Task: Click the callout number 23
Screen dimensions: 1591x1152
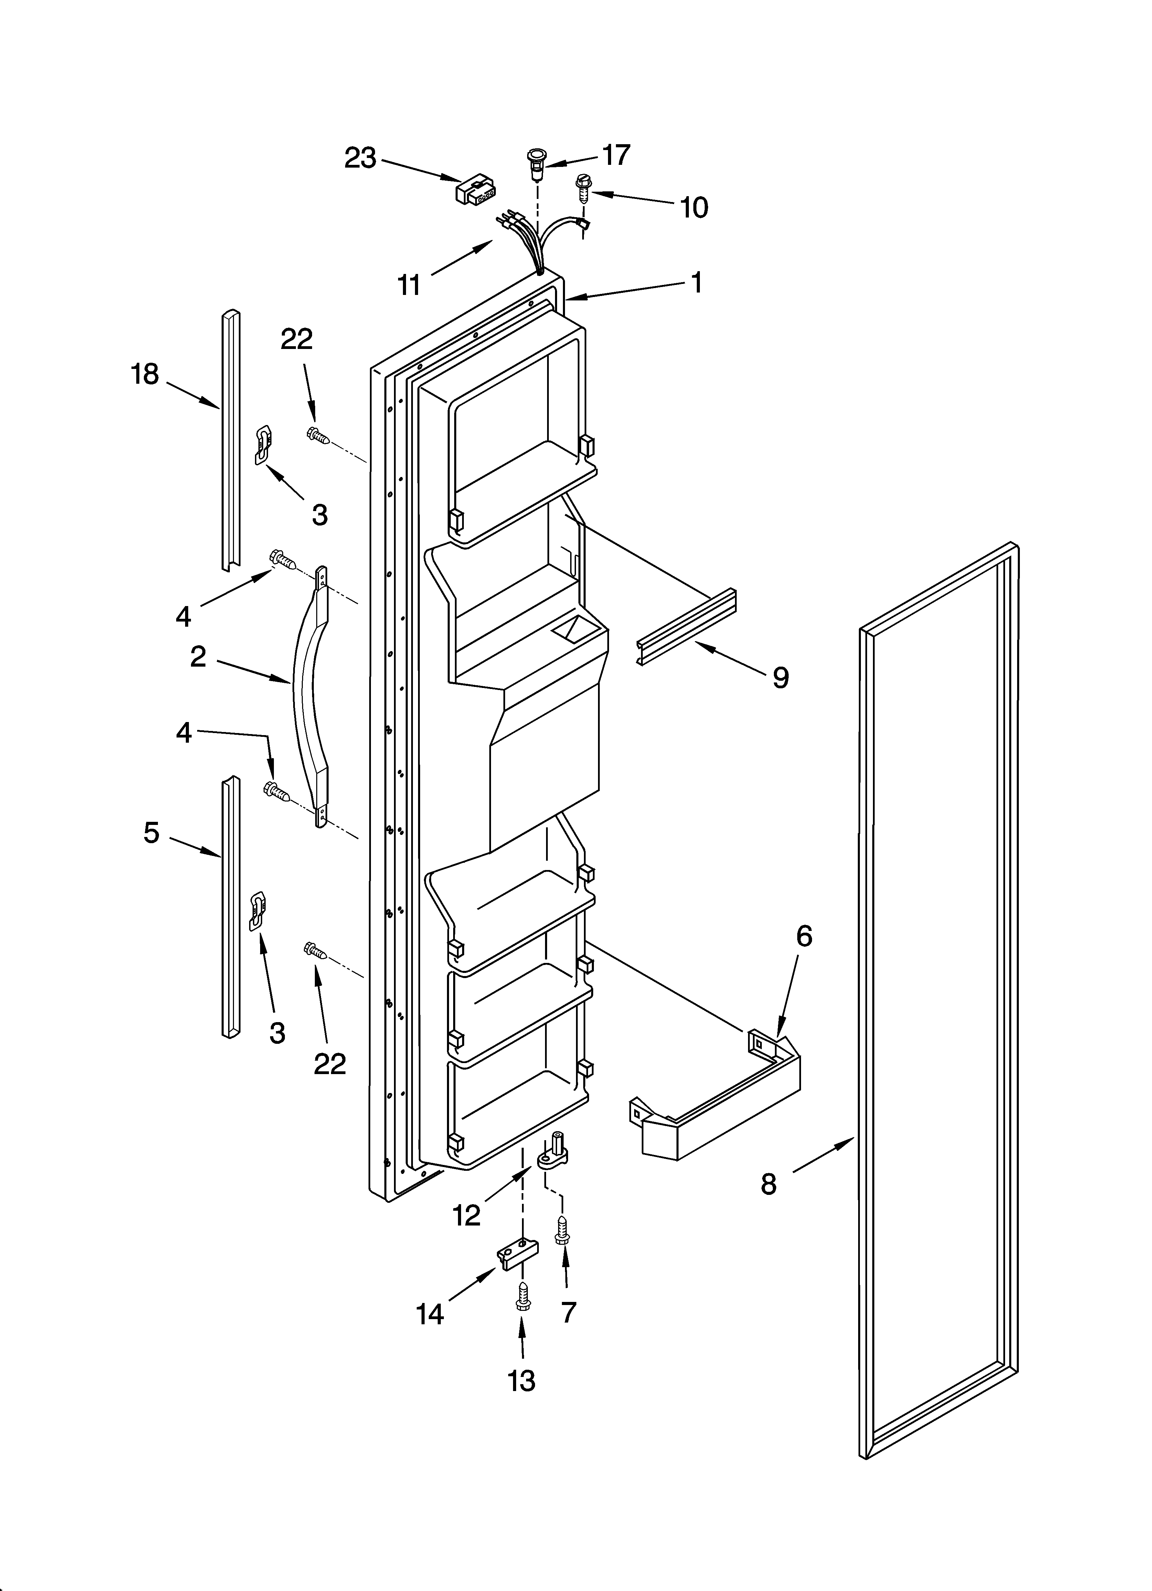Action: coord(360,159)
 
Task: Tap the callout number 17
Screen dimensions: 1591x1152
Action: coord(616,155)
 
